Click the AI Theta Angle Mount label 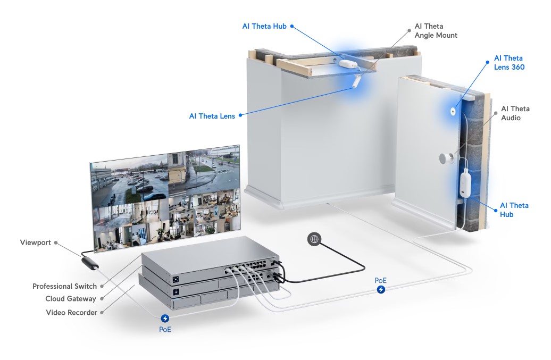tap(436, 30)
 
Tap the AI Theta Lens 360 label tap(509, 63)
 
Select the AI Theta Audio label tap(515, 113)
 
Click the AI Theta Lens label tap(212, 116)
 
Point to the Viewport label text tap(35, 242)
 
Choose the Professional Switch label tap(65, 286)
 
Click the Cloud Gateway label tap(71, 298)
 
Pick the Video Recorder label tap(71, 312)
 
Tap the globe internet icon tap(314, 239)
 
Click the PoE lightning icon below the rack tap(165, 318)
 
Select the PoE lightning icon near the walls tap(381, 289)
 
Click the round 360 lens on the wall tap(453, 112)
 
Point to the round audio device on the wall tap(446, 158)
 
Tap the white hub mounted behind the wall tap(465, 183)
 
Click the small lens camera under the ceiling tap(356, 81)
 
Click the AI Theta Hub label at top tap(264, 27)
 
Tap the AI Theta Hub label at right tap(514, 210)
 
